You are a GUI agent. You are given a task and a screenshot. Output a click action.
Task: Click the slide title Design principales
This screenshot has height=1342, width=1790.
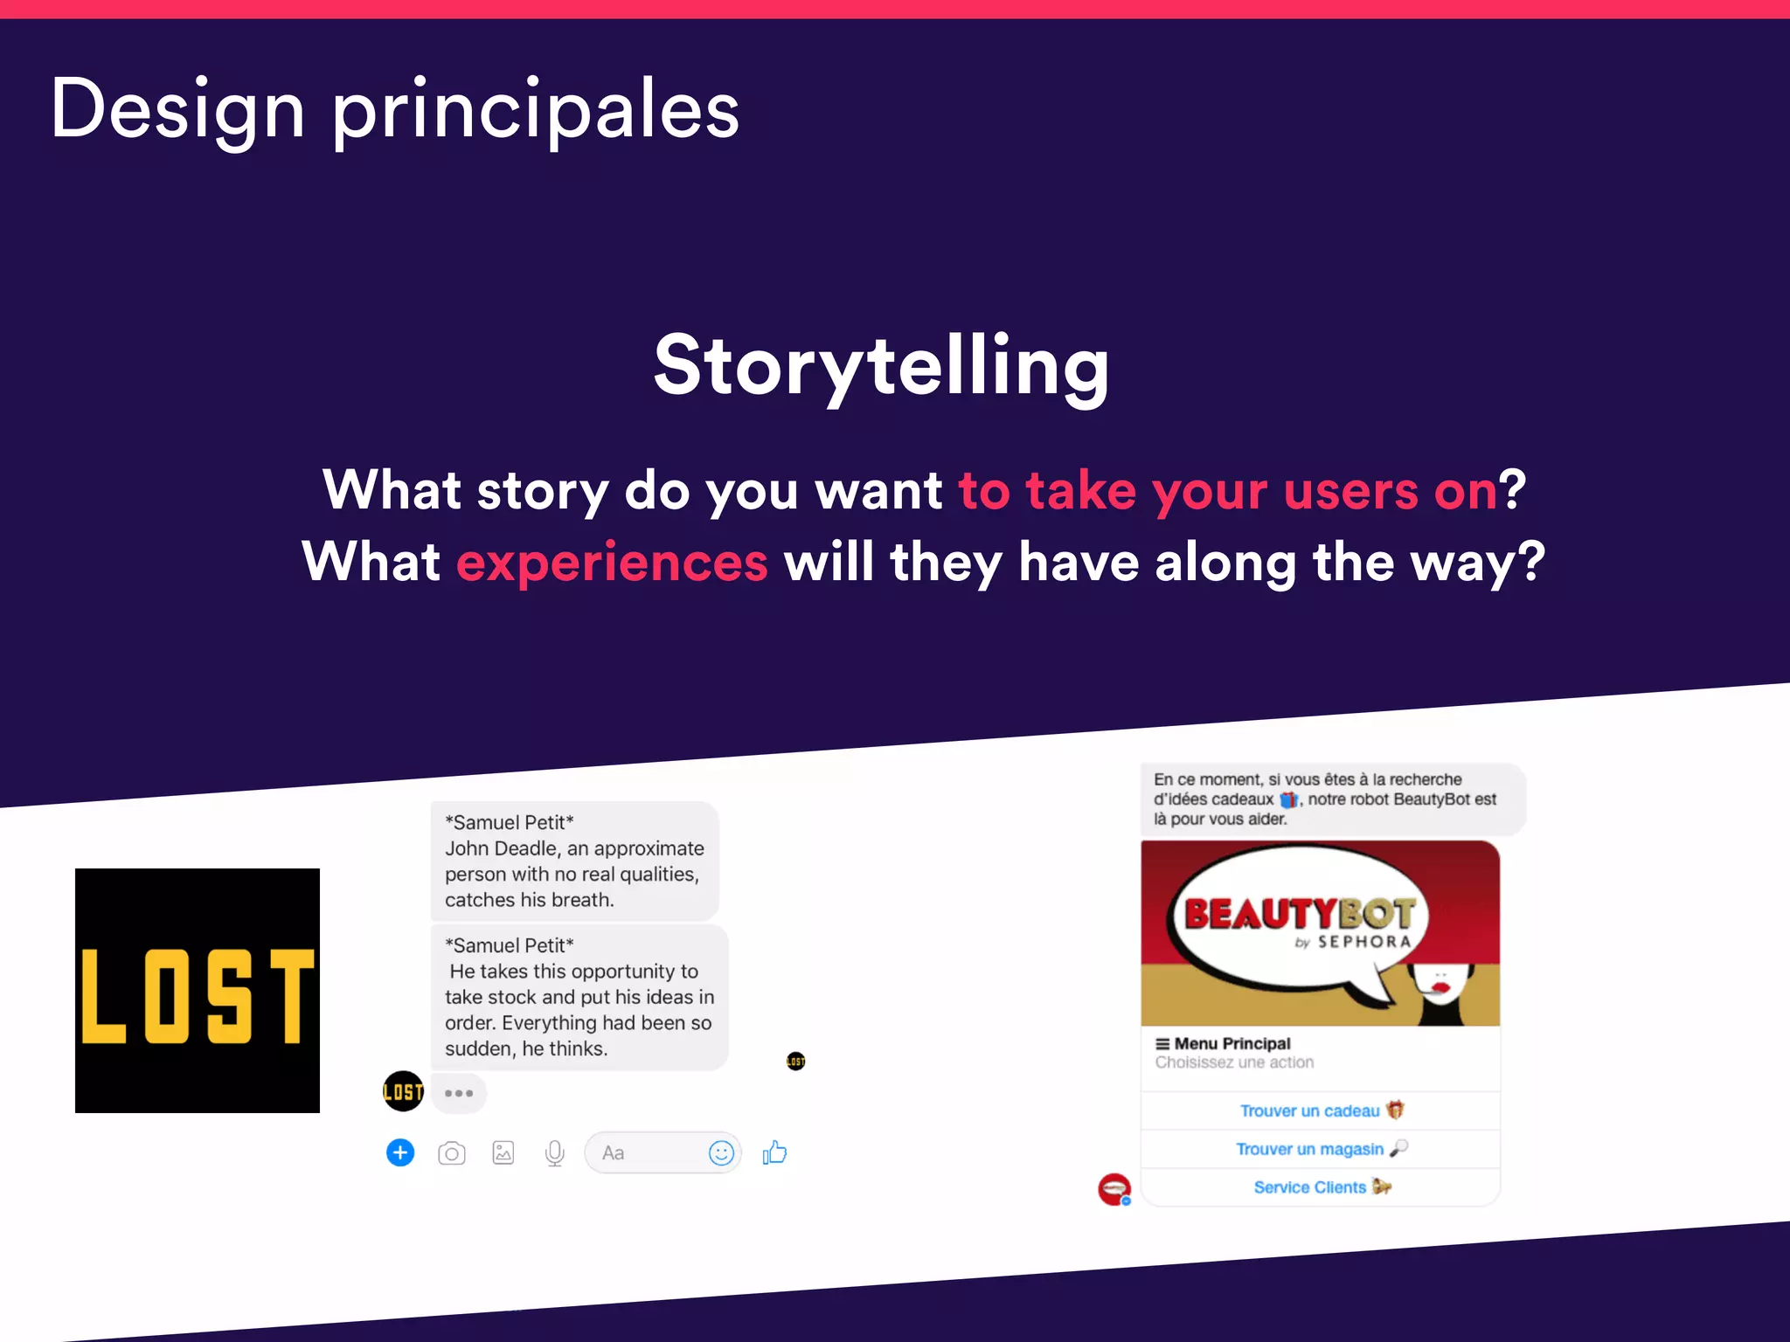pyautogui.click(x=395, y=109)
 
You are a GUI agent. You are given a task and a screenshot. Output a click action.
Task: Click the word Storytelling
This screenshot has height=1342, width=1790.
pyautogui.click(x=881, y=366)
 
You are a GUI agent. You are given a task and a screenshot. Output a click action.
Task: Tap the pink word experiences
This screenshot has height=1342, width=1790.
pyautogui.click(x=612, y=562)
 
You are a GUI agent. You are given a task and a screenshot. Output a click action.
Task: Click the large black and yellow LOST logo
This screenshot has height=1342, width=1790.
pyautogui.click(x=198, y=990)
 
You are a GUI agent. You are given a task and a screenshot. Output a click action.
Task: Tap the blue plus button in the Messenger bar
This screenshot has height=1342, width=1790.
pyautogui.click(x=400, y=1152)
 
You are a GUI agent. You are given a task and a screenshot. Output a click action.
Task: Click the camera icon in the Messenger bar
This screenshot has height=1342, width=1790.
pyautogui.click(x=452, y=1153)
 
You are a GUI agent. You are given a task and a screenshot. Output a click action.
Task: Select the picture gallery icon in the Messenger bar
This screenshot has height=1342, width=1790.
pyautogui.click(x=503, y=1153)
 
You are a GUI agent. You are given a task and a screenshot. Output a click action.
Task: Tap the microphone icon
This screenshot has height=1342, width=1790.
pyautogui.click(x=554, y=1153)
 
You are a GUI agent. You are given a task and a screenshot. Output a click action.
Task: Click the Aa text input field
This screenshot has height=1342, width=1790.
pyautogui.click(x=647, y=1153)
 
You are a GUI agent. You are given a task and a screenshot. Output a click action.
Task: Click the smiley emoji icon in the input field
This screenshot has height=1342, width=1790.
pyautogui.click(x=721, y=1153)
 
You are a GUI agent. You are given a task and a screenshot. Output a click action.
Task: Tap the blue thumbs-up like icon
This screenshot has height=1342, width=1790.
pyautogui.click(x=774, y=1152)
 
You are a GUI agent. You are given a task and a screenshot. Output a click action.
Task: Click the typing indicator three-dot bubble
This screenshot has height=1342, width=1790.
pyautogui.click(x=459, y=1093)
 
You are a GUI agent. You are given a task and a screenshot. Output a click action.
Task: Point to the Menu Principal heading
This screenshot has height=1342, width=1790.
pyautogui.click(x=1231, y=1043)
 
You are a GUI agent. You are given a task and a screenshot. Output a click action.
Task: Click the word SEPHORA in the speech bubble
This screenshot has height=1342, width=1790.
pyautogui.click(x=1363, y=942)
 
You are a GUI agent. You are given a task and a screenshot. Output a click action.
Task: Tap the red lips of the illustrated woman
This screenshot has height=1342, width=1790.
pyautogui.click(x=1440, y=987)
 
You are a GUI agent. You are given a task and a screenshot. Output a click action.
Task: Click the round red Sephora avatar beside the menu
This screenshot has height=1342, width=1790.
pyautogui.click(x=1114, y=1189)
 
